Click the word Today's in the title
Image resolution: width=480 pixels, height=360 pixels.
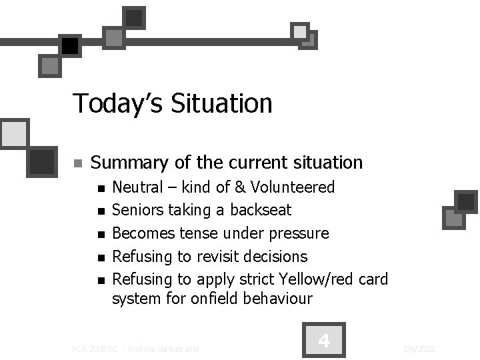(x=117, y=104)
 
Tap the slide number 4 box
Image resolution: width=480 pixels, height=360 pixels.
(x=324, y=341)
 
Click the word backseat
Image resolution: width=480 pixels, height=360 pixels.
(x=261, y=210)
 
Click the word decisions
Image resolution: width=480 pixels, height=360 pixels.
(x=277, y=257)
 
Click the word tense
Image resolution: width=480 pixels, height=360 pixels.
(x=200, y=233)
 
